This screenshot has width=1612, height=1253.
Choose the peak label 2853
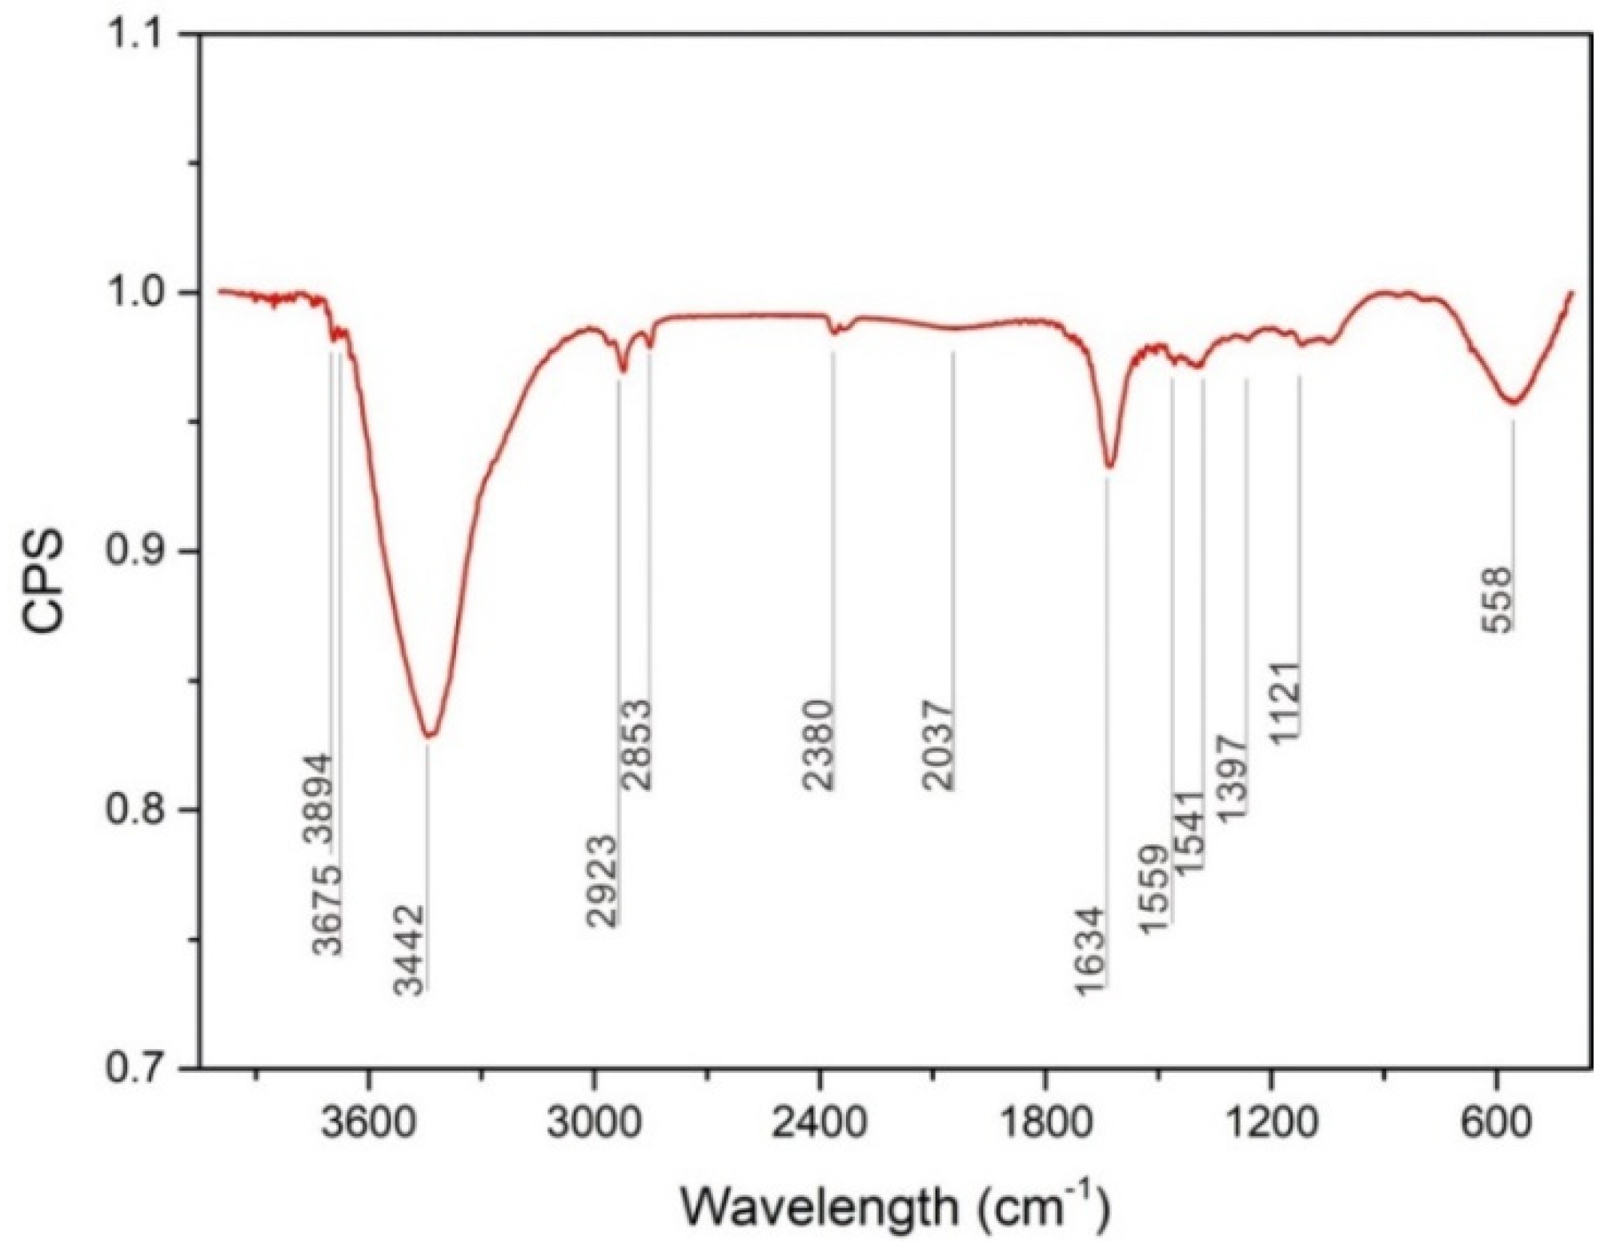[x=637, y=745]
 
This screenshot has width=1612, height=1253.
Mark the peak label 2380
[x=819, y=745]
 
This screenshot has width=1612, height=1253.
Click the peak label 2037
[x=939, y=745]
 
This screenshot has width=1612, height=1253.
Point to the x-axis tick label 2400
[x=820, y=1124]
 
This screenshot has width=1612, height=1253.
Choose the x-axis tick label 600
[x=1496, y=1124]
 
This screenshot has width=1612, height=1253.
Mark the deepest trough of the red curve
[x=430, y=735]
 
